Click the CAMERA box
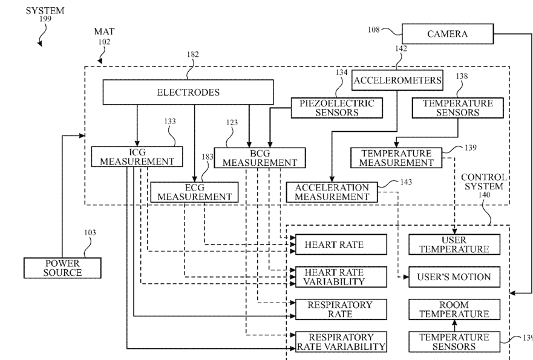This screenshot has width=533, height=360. pos(447,34)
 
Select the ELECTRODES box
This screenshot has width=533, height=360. pos(188,92)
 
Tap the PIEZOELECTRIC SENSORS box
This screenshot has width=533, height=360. pos(336,108)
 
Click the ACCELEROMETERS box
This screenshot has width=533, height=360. pos(397,80)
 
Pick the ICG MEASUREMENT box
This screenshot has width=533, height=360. pos(137,157)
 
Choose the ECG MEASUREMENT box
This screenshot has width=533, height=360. pos(194,192)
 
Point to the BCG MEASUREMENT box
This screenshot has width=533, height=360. pos(260,158)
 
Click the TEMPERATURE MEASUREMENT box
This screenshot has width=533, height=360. pos(396,158)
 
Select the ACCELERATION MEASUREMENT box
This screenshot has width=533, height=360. pos(332,192)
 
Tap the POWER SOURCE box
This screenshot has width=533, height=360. pos(62,268)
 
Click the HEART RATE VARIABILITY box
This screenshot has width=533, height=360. pos(341,277)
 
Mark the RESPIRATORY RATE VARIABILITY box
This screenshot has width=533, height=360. pos(341,342)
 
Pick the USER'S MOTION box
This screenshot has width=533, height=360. pos(454,277)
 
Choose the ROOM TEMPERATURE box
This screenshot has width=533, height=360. pos(454,309)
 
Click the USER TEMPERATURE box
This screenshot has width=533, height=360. pos(454,244)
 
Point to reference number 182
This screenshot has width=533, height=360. pos(193,54)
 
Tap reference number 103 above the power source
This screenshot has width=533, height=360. pos(90,232)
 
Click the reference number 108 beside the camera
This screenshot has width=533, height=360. pos(373,30)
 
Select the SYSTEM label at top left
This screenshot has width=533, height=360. pos(45,11)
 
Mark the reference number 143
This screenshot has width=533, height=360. pos(406,182)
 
